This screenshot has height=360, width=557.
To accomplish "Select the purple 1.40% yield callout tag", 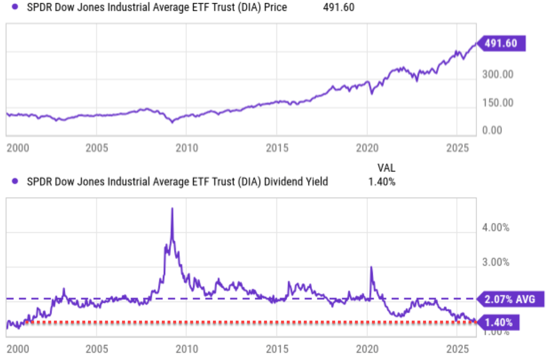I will pyautogui.click(x=499, y=323).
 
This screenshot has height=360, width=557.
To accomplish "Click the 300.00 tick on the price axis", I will pyautogui.click(x=498, y=75).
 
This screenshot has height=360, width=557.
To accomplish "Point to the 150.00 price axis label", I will pyautogui.click(x=498, y=103).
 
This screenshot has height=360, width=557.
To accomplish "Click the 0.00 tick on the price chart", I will pyautogui.click(x=492, y=130).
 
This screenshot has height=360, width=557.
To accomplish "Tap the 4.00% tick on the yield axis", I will pyautogui.click(x=495, y=228).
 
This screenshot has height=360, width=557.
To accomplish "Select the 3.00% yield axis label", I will pyautogui.click(x=495, y=262).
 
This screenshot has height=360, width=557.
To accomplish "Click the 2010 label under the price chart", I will pyautogui.click(x=187, y=148).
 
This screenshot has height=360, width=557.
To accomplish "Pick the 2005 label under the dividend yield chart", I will pyautogui.click(x=97, y=349).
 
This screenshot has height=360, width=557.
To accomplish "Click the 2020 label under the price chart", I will pyautogui.click(x=367, y=148).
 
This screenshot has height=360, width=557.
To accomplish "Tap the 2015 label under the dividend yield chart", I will pyautogui.click(x=277, y=349).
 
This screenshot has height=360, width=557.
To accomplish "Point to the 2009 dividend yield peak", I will pyautogui.click(x=172, y=209).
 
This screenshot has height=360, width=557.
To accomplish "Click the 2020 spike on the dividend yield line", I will pyautogui.click(x=371, y=267).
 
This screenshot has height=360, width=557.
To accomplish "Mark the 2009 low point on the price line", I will pyautogui.click(x=172, y=122).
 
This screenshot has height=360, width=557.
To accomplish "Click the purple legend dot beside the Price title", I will pyautogui.click(x=15, y=7).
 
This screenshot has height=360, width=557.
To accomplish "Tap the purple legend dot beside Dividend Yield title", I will pyautogui.click(x=15, y=181).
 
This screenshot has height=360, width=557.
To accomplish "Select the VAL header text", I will pyautogui.click(x=386, y=168).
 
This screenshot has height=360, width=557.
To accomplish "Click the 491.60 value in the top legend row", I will pyautogui.click(x=338, y=7).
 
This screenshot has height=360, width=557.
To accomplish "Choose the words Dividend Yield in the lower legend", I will pyautogui.click(x=296, y=182).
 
